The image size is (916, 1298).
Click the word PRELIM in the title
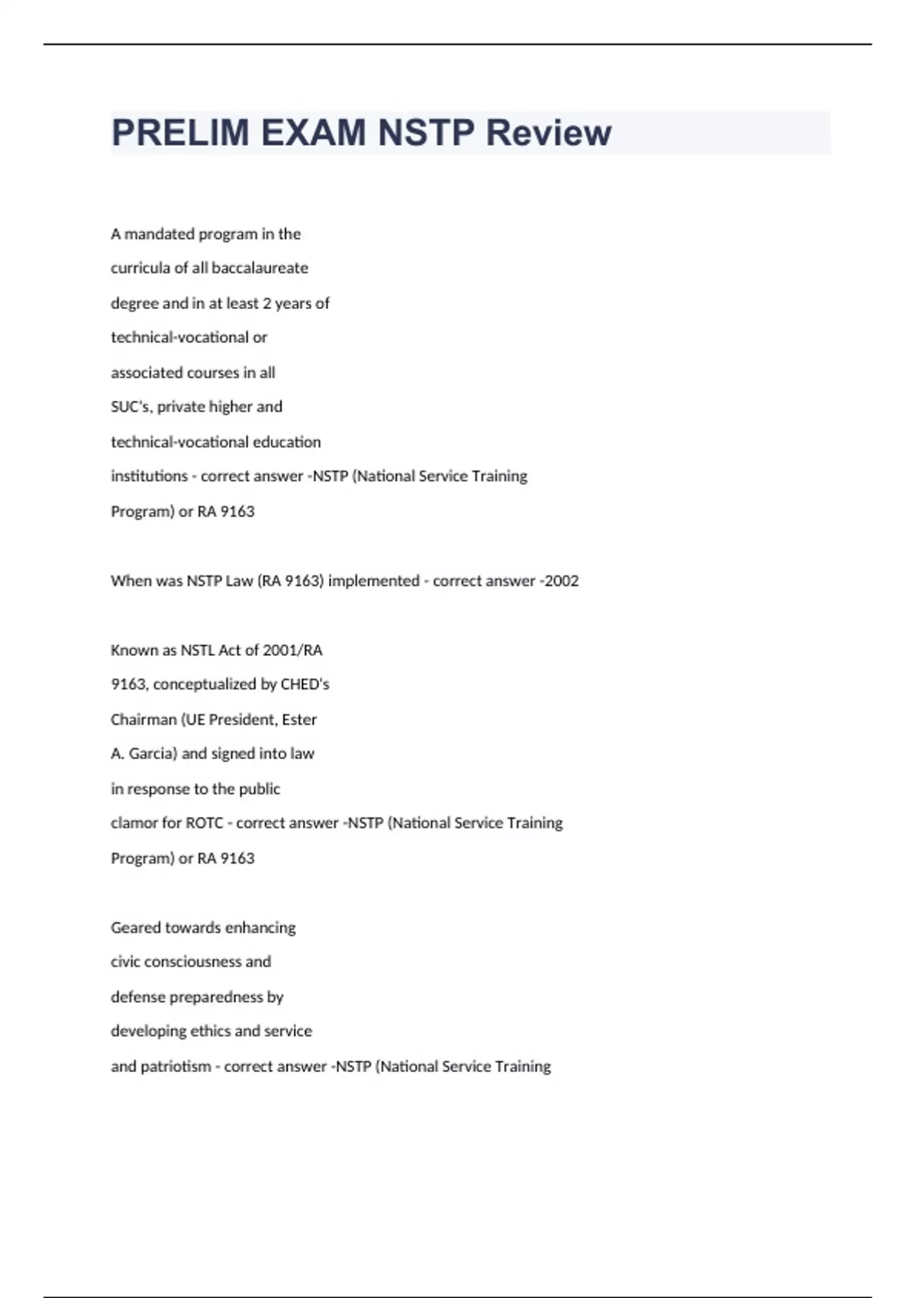(180, 133)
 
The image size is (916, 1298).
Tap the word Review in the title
(548, 133)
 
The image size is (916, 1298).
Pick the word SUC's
(131, 407)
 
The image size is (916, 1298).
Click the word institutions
(149, 476)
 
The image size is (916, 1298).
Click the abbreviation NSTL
(197, 651)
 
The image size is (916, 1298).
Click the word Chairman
(144, 720)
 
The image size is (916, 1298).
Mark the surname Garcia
(153, 754)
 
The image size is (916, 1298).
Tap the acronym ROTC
(205, 823)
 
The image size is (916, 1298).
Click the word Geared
(135, 928)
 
